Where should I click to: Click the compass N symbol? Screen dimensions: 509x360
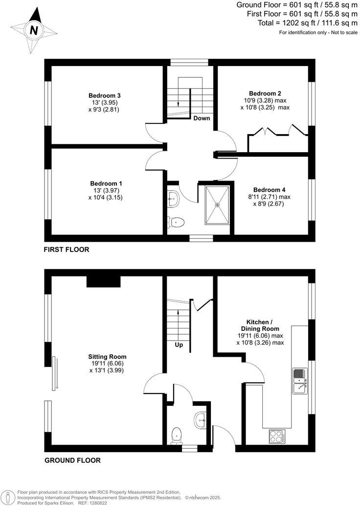[x=34, y=30]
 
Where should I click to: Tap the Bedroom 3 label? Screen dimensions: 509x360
[x=105, y=95]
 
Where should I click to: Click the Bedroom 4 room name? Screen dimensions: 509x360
[x=269, y=190]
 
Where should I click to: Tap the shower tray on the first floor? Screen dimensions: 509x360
[x=216, y=205]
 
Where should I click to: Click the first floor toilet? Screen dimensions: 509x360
[x=176, y=222]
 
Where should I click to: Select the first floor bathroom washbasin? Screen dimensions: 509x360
[x=174, y=198]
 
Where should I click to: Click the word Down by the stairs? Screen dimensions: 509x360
[x=202, y=118]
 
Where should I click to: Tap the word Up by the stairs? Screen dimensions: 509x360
[x=179, y=345]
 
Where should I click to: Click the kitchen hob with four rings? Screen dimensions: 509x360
[x=277, y=436]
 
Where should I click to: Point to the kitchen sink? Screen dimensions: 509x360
[x=298, y=381]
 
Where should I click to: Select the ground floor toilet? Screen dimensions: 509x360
[x=177, y=435]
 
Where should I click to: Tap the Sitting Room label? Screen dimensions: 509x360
[x=104, y=357]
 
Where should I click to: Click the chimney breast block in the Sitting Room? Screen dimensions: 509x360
[x=103, y=281]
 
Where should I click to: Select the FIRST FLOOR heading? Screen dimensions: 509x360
[x=67, y=250]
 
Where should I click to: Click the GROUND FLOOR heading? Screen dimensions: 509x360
[x=72, y=461]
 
